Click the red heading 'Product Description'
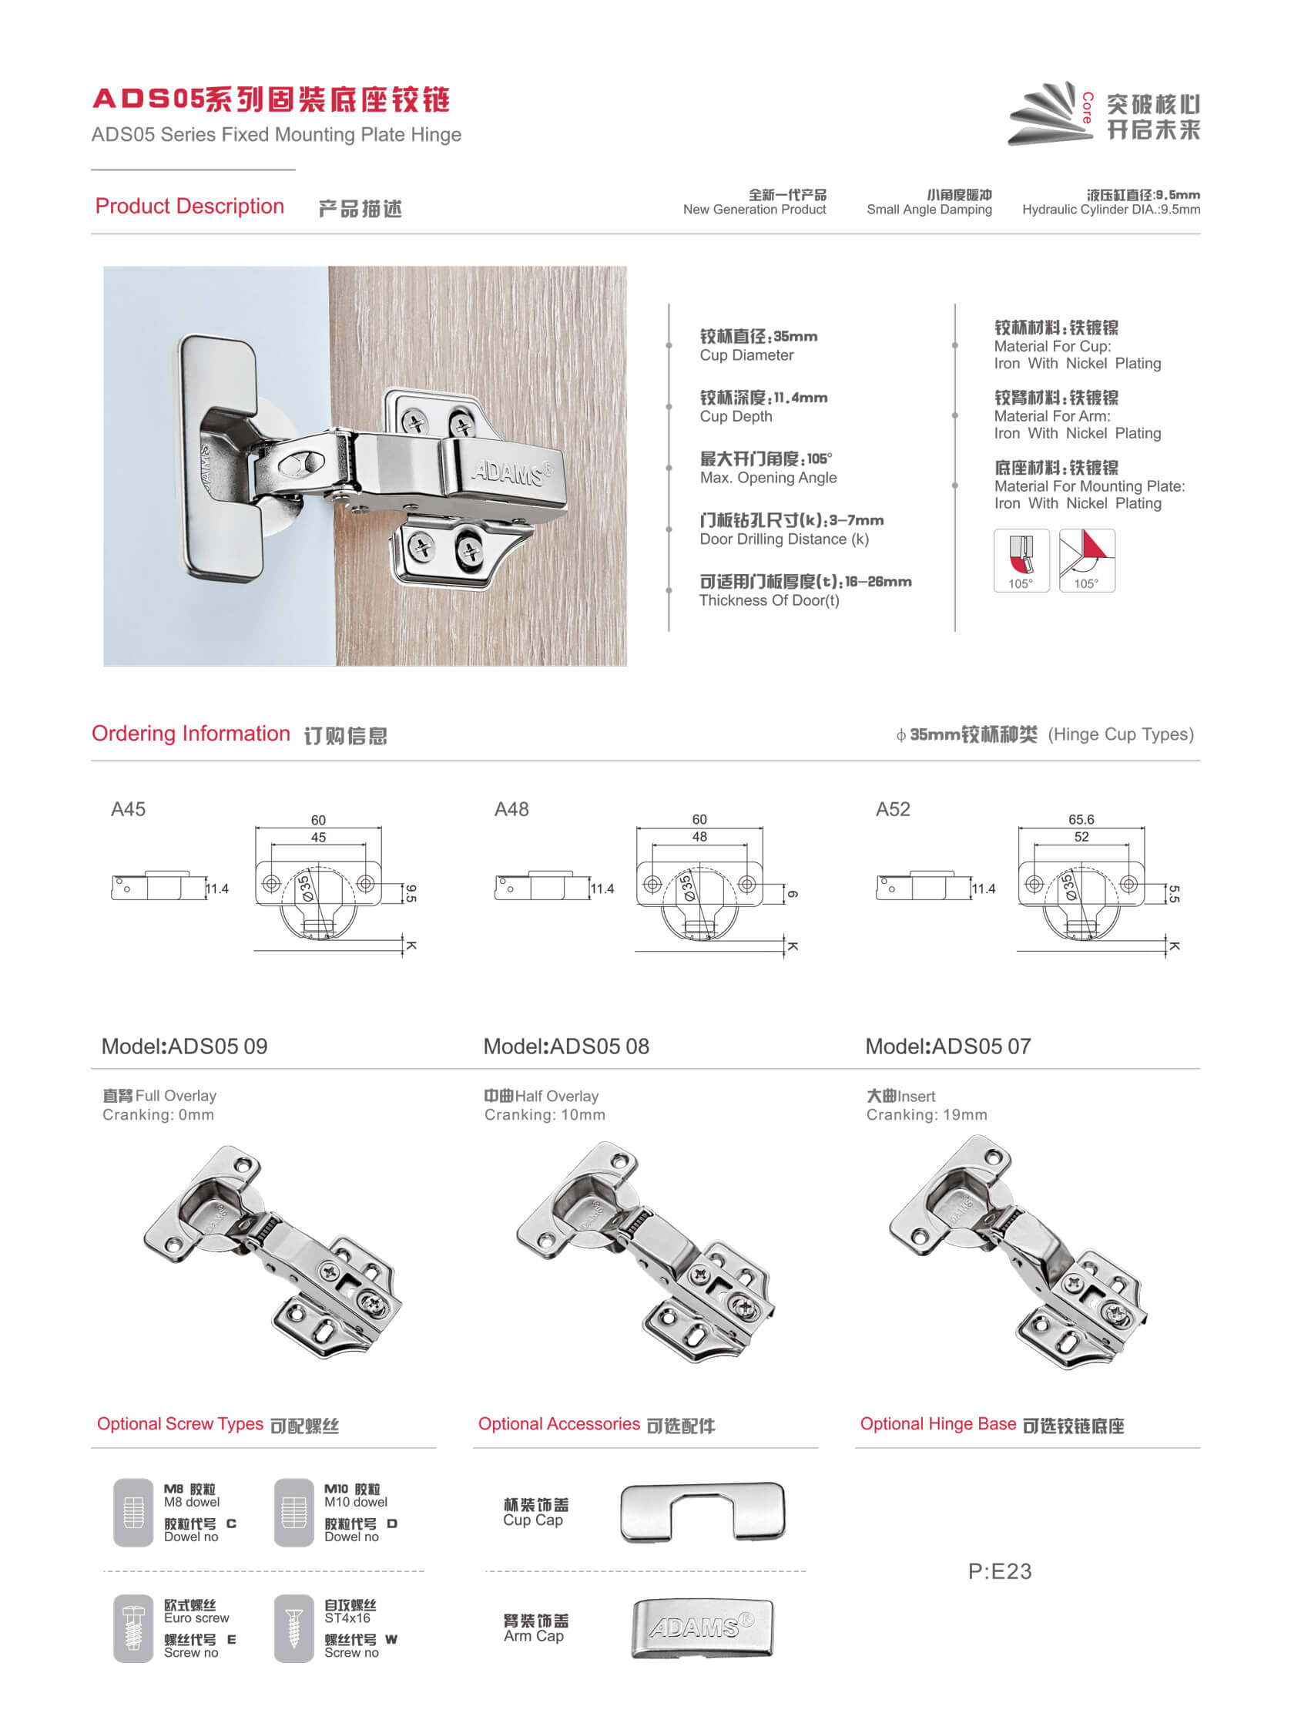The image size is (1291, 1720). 189,206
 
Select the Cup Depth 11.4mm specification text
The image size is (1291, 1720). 763,406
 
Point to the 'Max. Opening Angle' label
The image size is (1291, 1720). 768,478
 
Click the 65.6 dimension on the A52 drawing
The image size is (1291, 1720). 1081,820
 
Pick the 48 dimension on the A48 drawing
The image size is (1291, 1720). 699,837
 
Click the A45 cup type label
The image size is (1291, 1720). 128,809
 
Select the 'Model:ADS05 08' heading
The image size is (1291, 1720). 566,1046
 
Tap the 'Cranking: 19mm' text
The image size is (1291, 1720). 927,1114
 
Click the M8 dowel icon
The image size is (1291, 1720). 133,1512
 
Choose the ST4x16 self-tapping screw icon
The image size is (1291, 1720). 293,1628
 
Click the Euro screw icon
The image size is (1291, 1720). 133,1628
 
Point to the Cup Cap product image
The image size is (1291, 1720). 703,1512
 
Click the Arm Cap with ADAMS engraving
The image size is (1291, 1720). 703,1628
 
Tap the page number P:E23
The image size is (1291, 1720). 1000,1571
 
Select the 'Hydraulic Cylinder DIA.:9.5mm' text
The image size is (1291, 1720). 1111,209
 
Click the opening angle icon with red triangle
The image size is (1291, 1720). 1087,560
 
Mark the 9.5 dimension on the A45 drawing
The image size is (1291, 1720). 411,892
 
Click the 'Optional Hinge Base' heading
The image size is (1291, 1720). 937,1424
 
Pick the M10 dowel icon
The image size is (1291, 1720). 293,1512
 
